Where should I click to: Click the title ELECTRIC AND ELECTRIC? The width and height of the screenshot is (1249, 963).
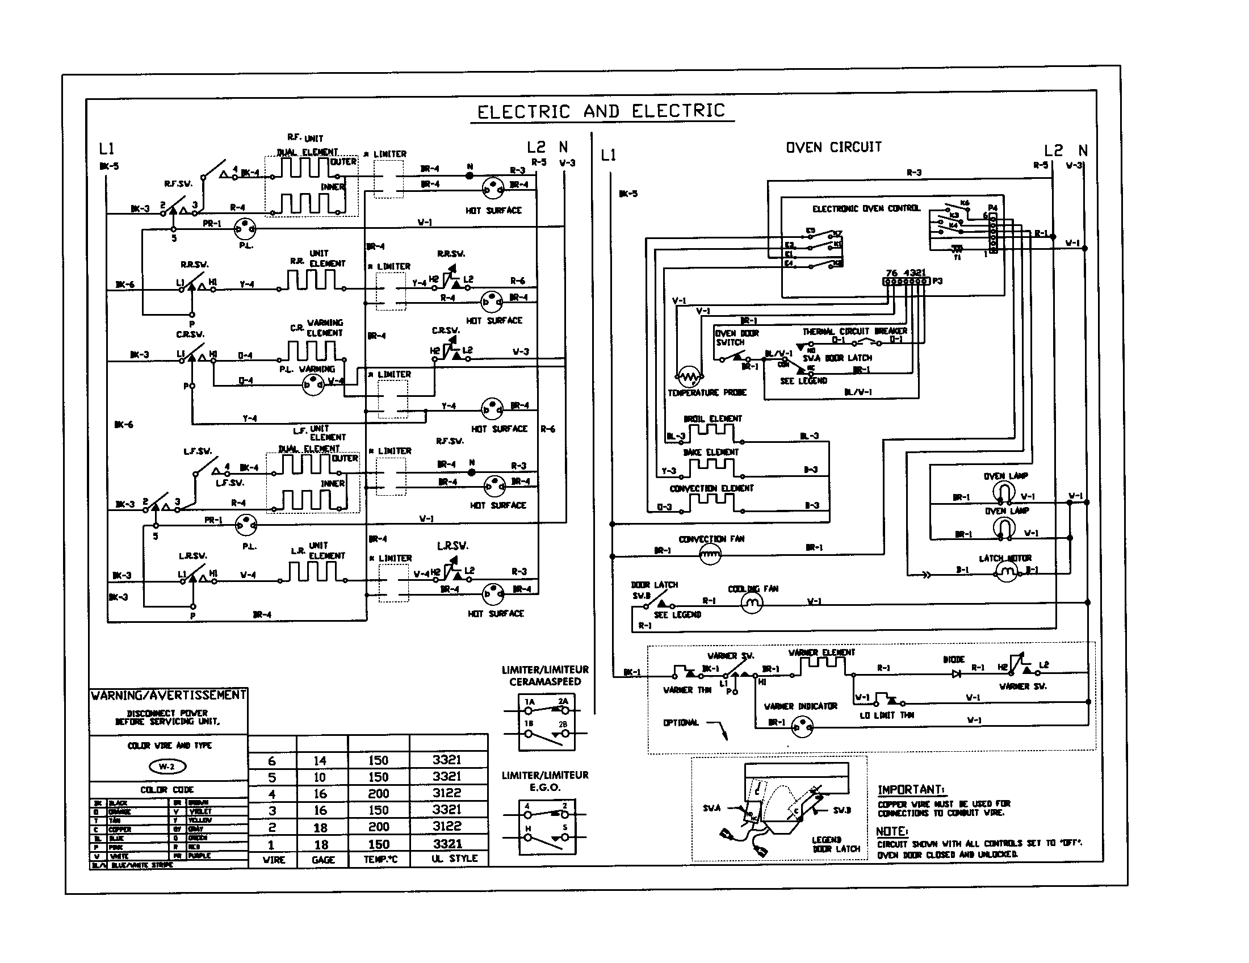[601, 111]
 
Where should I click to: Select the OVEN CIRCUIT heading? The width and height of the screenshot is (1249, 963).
[833, 148]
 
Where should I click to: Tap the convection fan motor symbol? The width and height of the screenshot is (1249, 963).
[710, 554]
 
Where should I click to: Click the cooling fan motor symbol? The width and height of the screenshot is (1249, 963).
[752, 603]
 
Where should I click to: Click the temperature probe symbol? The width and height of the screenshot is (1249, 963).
[688, 376]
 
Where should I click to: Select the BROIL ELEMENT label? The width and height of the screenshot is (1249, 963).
[712, 418]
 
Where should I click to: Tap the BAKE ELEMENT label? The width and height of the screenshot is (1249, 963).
[711, 453]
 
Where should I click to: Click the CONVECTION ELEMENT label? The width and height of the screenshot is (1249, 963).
[711, 488]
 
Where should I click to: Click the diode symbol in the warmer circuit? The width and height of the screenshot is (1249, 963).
[955, 673]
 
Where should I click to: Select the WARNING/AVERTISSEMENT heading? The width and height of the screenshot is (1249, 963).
[169, 696]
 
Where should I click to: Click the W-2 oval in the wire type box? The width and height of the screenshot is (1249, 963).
[167, 767]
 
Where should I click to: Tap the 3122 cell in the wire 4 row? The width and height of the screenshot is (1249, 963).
[447, 793]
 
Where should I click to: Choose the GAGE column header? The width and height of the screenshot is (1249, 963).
[322, 860]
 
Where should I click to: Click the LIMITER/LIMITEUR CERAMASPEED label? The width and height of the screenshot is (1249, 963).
[544, 675]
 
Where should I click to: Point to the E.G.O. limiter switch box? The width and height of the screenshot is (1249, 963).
[546, 827]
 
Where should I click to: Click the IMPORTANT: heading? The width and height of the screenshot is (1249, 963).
[911, 790]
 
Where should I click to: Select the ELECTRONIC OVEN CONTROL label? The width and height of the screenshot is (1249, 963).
[866, 209]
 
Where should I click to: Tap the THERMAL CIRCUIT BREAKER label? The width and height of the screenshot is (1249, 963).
[854, 331]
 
